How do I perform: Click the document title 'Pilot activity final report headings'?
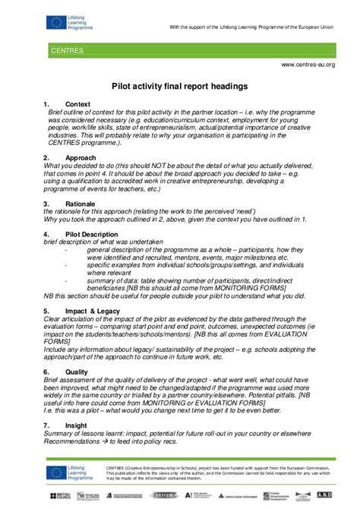(x=179, y=87)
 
